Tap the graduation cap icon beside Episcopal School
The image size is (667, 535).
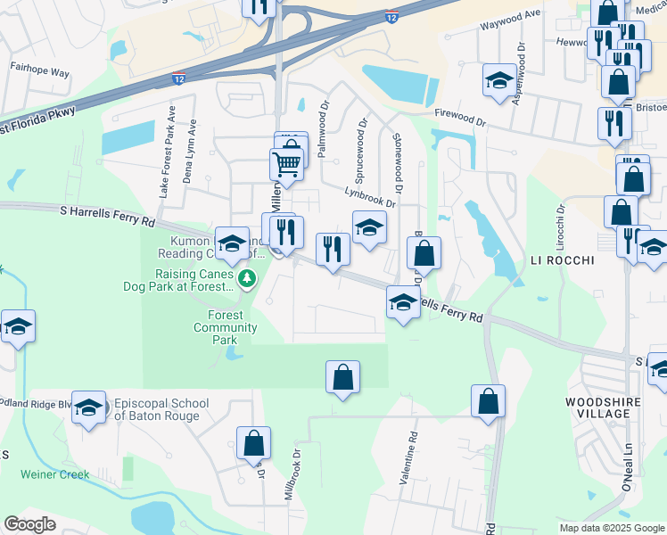point(88,408)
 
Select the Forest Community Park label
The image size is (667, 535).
point(226,327)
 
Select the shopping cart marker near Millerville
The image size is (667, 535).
point(286,164)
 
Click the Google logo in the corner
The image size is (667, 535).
point(29,524)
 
